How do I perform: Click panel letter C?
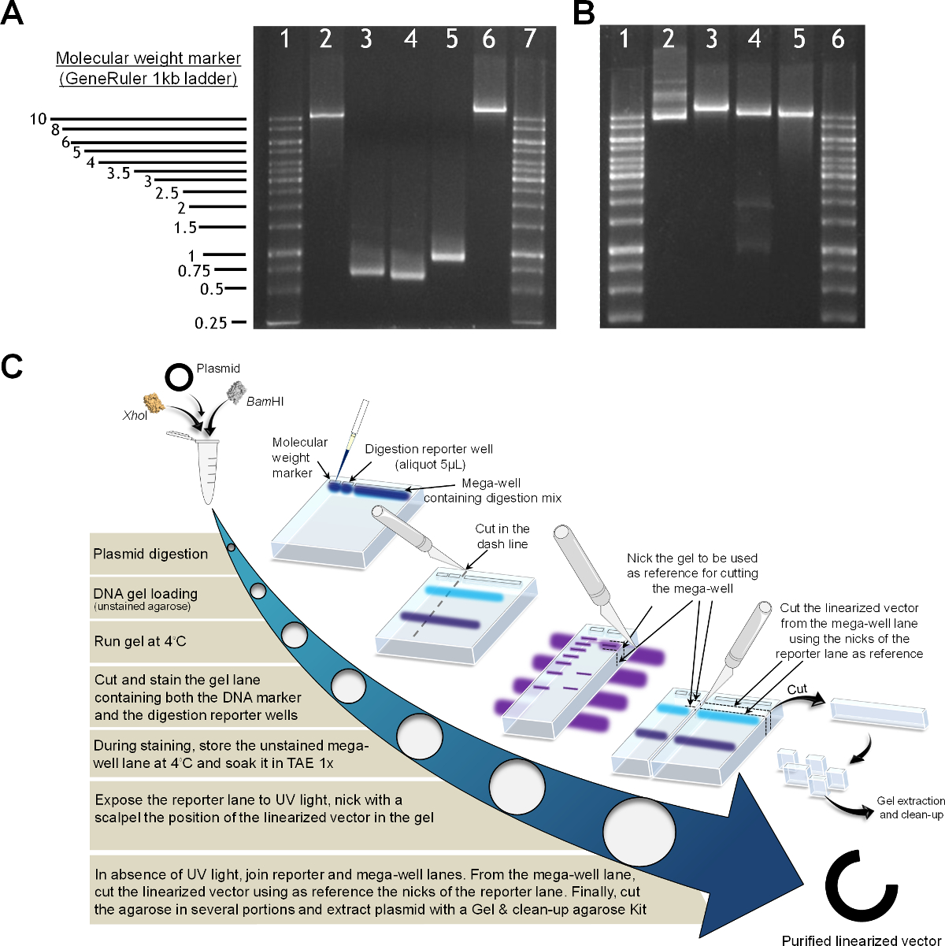coord(12,367)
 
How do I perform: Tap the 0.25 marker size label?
coord(210,323)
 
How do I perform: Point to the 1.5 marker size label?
coord(185,228)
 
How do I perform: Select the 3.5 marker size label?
coord(119,173)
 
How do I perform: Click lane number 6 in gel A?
coord(488,39)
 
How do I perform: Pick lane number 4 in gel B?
coord(754,39)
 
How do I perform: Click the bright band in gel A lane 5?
coord(448,257)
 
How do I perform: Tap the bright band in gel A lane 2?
coord(327,116)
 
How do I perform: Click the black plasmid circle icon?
coord(178,377)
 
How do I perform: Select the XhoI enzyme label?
coord(135,416)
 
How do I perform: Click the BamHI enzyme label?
coord(265,402)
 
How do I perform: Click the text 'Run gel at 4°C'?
coord(140,641)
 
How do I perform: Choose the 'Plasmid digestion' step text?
coord(150,554)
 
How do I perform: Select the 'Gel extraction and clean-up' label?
coord(910,807)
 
